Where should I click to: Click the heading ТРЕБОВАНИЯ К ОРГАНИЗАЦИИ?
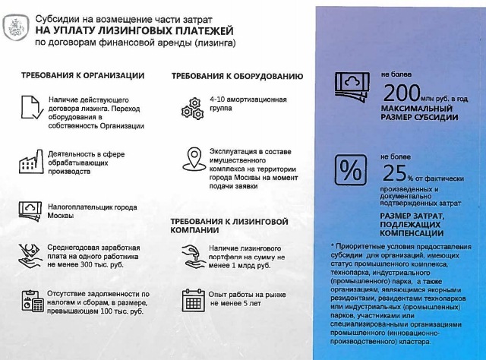click(83, 76)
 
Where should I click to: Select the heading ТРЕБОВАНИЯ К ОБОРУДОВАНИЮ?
click(237, 77)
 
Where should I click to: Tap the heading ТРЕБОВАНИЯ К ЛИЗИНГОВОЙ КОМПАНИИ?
click(229, 225)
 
